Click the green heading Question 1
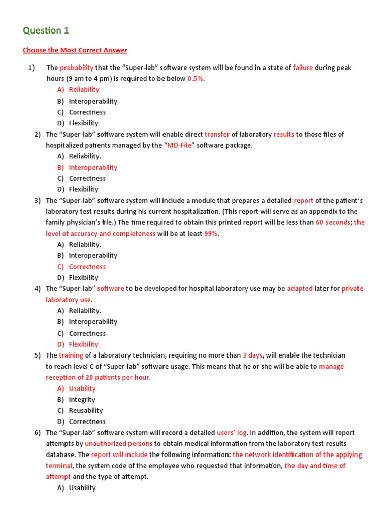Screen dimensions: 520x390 (46, 30)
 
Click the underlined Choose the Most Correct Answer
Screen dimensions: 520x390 (75, 50)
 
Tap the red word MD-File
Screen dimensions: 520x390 (180, 145)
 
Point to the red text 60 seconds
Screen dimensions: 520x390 (334, 222)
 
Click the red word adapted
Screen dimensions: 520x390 (300, 289)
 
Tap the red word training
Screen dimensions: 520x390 (71, 355)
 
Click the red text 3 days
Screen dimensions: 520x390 (252, 355)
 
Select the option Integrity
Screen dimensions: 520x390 (82, 400)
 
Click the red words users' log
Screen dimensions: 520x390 (232, 433)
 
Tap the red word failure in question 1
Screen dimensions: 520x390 (303, 68)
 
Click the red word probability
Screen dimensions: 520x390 (77, 68)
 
